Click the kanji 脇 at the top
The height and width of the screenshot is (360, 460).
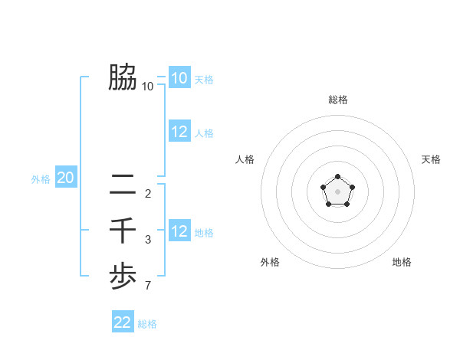point(123,77)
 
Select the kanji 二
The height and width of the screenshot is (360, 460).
point(123,184)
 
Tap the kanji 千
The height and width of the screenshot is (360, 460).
point(123,231)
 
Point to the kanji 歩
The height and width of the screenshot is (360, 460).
point(123,277)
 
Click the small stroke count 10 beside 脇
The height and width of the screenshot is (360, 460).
point(148,87)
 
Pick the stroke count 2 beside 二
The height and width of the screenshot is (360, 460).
point(148,193)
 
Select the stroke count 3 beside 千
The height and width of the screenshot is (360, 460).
point(148,240)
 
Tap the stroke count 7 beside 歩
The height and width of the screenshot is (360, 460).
point(148,286)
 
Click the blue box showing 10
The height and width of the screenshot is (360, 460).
point(179,78)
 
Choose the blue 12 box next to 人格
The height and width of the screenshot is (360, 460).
point(179,132)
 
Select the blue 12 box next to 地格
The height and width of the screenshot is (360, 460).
point(179,231)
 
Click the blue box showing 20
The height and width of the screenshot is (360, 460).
point(66,178)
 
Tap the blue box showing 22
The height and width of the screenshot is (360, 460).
point(123,322)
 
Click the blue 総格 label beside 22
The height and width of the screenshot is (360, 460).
point(147,324)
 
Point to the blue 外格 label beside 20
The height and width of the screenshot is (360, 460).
point(41,179)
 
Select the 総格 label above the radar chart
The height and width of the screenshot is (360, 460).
point(338,100)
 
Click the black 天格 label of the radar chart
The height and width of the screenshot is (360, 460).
point(431,159)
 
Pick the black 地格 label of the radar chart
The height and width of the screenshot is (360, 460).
point(402,262)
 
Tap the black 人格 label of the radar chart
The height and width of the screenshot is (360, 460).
point(245,159)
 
